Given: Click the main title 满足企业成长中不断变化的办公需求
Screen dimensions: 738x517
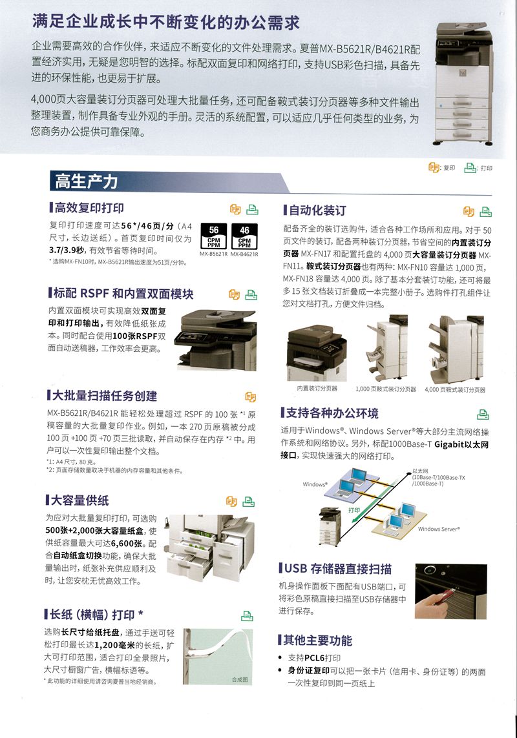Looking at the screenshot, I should coord(166,23).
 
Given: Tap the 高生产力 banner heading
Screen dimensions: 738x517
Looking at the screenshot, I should coord(86,181).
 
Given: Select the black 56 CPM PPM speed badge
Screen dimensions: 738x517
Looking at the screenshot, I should coord(213,236).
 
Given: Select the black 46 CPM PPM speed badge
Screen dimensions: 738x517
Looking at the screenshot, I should coord(244,236).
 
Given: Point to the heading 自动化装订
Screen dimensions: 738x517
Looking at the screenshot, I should coord(317,210).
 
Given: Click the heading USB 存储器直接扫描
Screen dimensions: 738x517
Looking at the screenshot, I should coord(339,568).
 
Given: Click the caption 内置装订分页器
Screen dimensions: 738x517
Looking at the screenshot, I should coord(317,389).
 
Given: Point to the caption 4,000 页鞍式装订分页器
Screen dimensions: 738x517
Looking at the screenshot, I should coord(455,389).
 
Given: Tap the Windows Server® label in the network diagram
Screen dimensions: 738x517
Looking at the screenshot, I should coord(438,529).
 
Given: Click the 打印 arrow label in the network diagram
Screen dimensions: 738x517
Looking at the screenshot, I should coord(354,510).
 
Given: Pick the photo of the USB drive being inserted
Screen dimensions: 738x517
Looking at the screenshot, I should coord(450,591).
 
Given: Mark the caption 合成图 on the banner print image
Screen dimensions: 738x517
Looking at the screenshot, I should coord(240,680).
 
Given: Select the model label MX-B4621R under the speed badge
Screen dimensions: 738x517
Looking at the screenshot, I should coord(244,254).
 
